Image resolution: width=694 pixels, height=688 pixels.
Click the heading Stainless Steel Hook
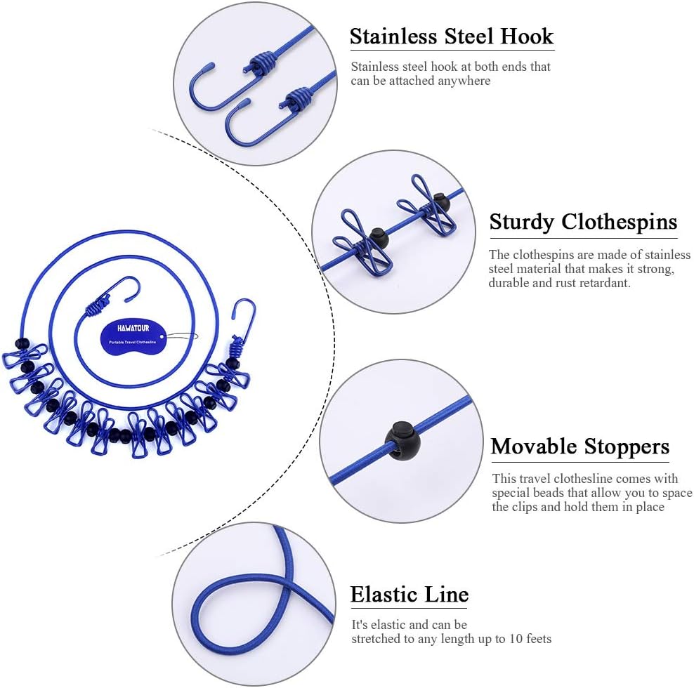452,37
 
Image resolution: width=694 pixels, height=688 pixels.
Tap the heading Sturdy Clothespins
583,223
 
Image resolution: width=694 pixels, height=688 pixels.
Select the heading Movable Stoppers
580,446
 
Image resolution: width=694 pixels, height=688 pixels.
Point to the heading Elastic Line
410,595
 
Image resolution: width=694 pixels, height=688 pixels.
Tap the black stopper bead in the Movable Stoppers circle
402,441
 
